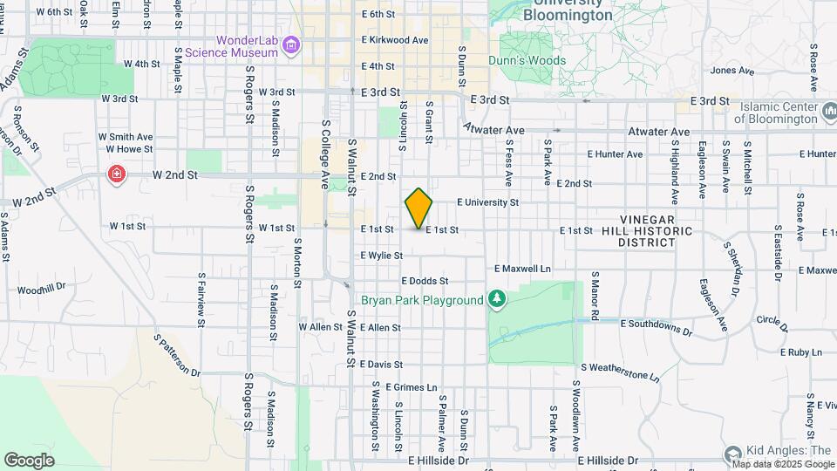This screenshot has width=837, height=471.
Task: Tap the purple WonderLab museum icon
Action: point(291,45)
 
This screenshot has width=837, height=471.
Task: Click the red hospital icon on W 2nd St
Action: point(116,175)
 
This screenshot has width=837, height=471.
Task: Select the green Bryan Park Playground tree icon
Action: point(497,300)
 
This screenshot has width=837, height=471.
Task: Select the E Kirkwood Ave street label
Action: point(395,40)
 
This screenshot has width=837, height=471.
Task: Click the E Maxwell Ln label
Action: point(523,269)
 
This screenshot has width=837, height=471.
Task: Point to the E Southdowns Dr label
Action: point(656,327)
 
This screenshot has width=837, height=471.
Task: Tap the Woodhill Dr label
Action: point(41,288)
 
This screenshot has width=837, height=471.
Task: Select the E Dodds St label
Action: point(425,281)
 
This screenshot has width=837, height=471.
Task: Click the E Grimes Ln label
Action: point(409,386)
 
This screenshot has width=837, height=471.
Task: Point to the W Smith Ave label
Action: point(125,137)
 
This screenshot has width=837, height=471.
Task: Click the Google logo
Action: point(29,460)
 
